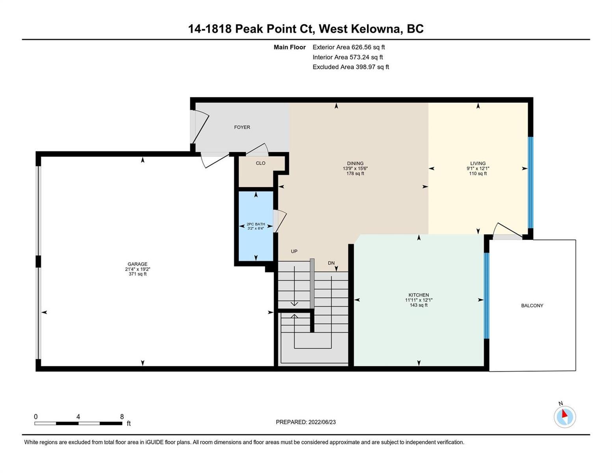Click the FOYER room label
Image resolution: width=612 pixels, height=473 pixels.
tap(242, 127)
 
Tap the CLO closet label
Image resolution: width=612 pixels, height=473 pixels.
tap(260, 163)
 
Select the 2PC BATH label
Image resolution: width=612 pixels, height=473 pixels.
tap(256, 224)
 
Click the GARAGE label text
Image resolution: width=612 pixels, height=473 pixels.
tap(138, 264)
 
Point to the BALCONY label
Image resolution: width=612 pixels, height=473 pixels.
tap(532, 305)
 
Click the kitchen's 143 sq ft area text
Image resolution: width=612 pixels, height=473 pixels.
tap(419, 305)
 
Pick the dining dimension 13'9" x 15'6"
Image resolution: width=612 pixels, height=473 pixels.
tap(355, 168)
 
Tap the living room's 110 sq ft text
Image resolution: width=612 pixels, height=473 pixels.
tap(478, 173)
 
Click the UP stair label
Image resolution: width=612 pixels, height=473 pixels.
tap(294, 251)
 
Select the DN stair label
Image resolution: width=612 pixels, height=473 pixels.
tap(331, 263)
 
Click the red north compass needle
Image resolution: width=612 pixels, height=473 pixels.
tap(564, 414)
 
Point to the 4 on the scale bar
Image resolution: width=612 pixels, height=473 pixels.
tap(78, 417)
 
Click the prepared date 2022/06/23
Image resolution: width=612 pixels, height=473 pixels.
tap(322, 422)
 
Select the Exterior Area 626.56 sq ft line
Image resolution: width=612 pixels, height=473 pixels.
tap(349, 47)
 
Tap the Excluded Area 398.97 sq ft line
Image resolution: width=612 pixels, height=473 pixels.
tap(351, 67)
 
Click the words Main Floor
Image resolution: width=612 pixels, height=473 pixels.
tap(290, 47)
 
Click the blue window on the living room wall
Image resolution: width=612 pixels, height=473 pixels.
tap(530, 182)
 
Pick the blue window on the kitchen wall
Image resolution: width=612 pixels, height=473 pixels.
tap(486, 296)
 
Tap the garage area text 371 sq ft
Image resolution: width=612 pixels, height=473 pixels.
tap(138, 274)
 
